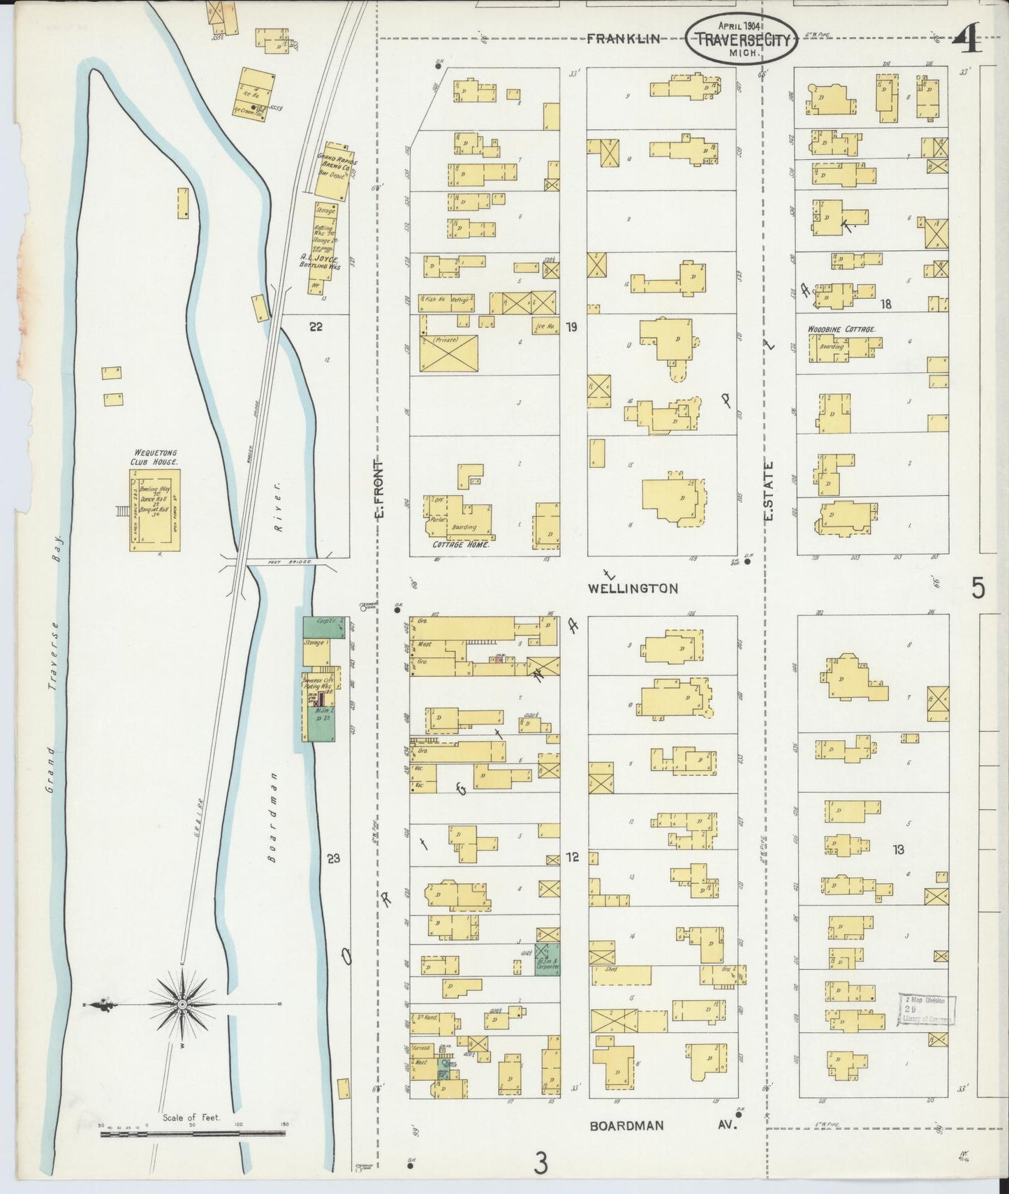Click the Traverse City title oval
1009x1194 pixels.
click(743, 39)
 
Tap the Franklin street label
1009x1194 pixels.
click(623, 39)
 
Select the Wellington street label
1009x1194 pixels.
click(632, 588)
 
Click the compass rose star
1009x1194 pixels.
click(182, 1005)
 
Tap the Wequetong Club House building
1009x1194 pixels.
click(154, 510)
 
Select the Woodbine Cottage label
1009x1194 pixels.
click(841, 329)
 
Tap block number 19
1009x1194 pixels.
click(571, 326)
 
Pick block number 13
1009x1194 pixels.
click(898, 849)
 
